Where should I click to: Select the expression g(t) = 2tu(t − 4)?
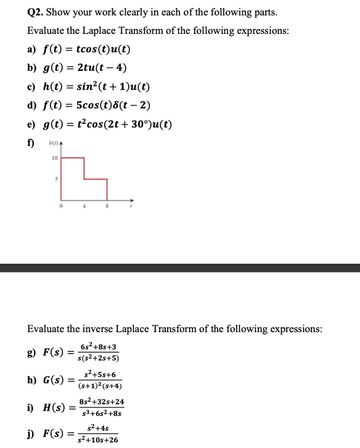[x=86, y=68]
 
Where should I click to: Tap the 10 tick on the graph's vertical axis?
[x=54, y=158]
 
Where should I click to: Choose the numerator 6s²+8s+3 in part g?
[x=98, y=347]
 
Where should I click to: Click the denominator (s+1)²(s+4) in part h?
[x=100, y=386]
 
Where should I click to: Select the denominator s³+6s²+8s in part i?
[x=101, y=413]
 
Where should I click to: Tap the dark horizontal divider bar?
[x=180, y=267]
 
